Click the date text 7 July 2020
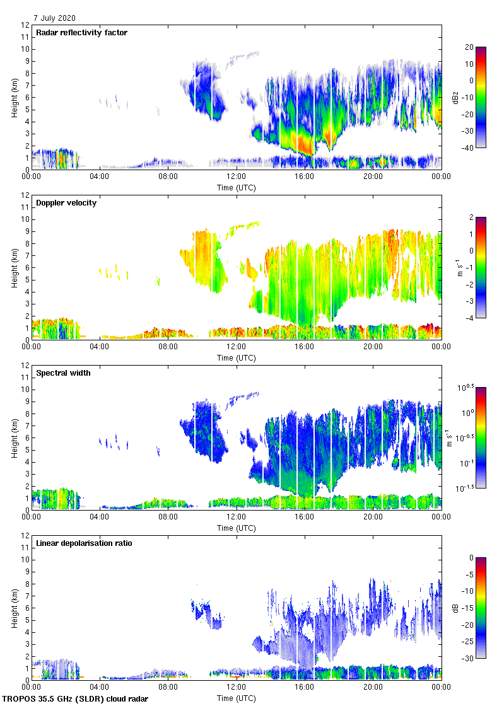[x=56, y=19]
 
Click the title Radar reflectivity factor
[x=81, y=33]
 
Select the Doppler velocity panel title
[x=66, y=203]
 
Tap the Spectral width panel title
[x=63, y=373]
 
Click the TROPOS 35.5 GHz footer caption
[x=76, y=699]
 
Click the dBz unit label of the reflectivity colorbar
[x=455, y=97]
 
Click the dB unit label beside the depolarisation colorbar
[x=455, y=608]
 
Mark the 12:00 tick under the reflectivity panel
[x=236, y=177]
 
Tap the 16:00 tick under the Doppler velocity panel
[x=304, y=347]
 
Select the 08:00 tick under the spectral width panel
[x=168, y=518]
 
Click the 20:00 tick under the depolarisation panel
[x=372, y=688]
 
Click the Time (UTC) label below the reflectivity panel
[x=237, y=187]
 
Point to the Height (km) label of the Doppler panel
[x=15, y=267]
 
